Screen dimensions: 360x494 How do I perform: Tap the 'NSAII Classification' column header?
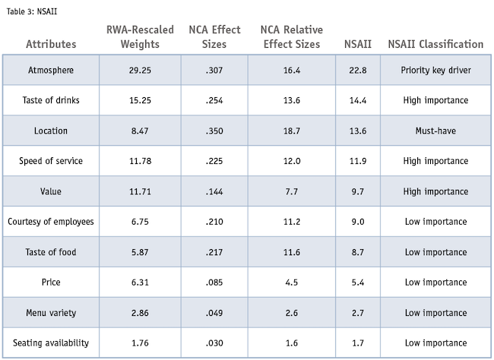tap(435, 44)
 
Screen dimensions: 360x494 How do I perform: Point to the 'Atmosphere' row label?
tap(51, 70)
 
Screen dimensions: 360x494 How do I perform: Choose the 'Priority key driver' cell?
tap(435, 70)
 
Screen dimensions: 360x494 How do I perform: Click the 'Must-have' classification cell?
tap(435, 131)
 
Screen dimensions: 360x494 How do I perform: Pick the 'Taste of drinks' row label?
tap(51, 100)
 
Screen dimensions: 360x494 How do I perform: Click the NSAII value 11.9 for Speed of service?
tap(357, 161)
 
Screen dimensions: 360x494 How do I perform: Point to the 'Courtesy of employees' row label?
tap(51, 222)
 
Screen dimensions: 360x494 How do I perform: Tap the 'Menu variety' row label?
tap(51, 313)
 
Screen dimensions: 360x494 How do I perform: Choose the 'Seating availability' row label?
tap(51, 343)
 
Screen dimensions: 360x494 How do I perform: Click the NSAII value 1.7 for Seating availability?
tap(357, 343)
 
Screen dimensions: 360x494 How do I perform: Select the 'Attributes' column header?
tap(51, 44)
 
